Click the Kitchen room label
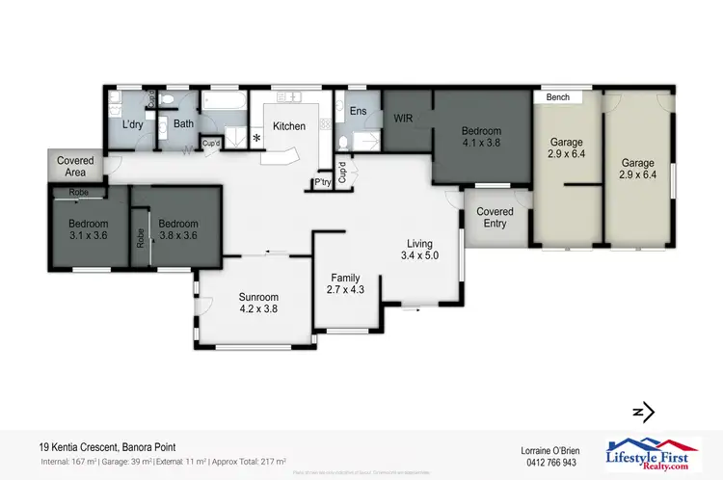[x=289, y=126]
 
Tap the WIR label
[x=404, y=118]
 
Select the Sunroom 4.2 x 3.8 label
[x=258, y=304]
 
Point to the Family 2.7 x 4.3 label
[x=344, y=283]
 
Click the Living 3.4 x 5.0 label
[x=419, y=250]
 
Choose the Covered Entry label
[x=495, y=217]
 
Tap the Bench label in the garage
[x=557, y=97]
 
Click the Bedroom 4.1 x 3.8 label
[x=481, y=137]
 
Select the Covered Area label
[x=75, y=166]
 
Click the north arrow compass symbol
[x=643, y=412]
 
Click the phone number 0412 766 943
[x=547, y=463]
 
